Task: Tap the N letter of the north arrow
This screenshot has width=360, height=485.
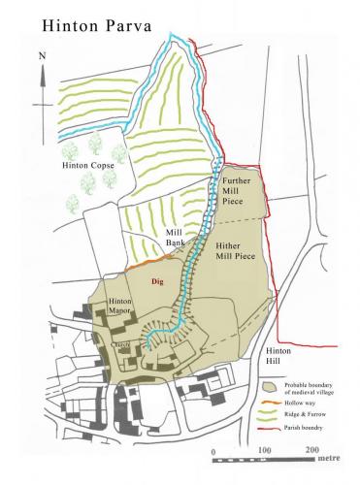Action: pyautogui.click(x=41, y=55)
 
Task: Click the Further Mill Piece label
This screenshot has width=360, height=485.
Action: pyautogui.click(x=237, y=193)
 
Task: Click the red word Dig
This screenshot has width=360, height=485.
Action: pyautogui.click(x=157, y=280)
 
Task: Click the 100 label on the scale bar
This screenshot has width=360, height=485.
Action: pyautogui.click(x=263, y=451)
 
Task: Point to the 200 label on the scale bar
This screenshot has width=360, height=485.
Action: pyautogui.click(x=311, y=451)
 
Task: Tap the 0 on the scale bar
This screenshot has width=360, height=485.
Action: pyautogui.click(x=213, y=451)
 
